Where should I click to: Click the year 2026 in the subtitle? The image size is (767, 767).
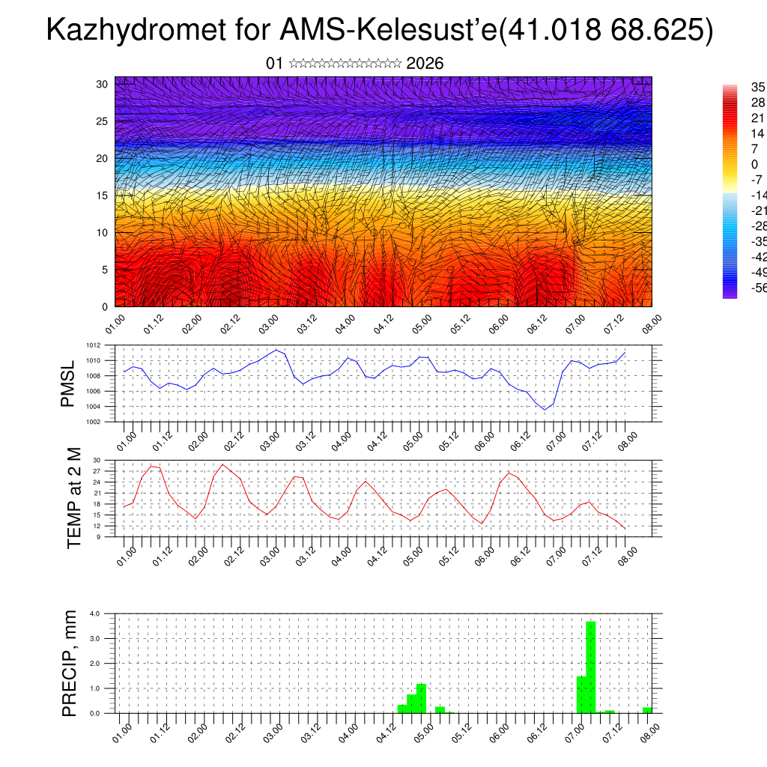pyautogui.click(x=425, y=64)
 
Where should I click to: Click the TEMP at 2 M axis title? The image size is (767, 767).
pyautogui.click(x=73, y=498)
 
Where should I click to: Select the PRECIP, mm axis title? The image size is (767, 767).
pyautogui.click(x=70, y=663)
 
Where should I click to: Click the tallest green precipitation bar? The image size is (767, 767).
pyautogui.click(x=591, y=667)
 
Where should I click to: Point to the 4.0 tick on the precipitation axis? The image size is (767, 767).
pyautogui.click(x=95, y=613)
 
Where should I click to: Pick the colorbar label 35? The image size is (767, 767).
pyautogui.click(x=758, y=87)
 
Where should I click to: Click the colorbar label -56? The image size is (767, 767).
pyautogui.click(x=758, y=288)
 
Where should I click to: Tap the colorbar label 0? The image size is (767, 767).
pyautogui.click(x=754, y=164)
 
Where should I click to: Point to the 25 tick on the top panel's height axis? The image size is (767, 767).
pyautogui.click(x=103, y=121)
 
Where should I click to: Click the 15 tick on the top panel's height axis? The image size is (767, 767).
pyautogui.click(x=103, y=195)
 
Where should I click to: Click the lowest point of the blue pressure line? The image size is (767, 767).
pyautogui.click(x=545, y=409)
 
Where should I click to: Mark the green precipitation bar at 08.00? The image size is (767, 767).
pyautogui.click(x=647, y=709)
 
